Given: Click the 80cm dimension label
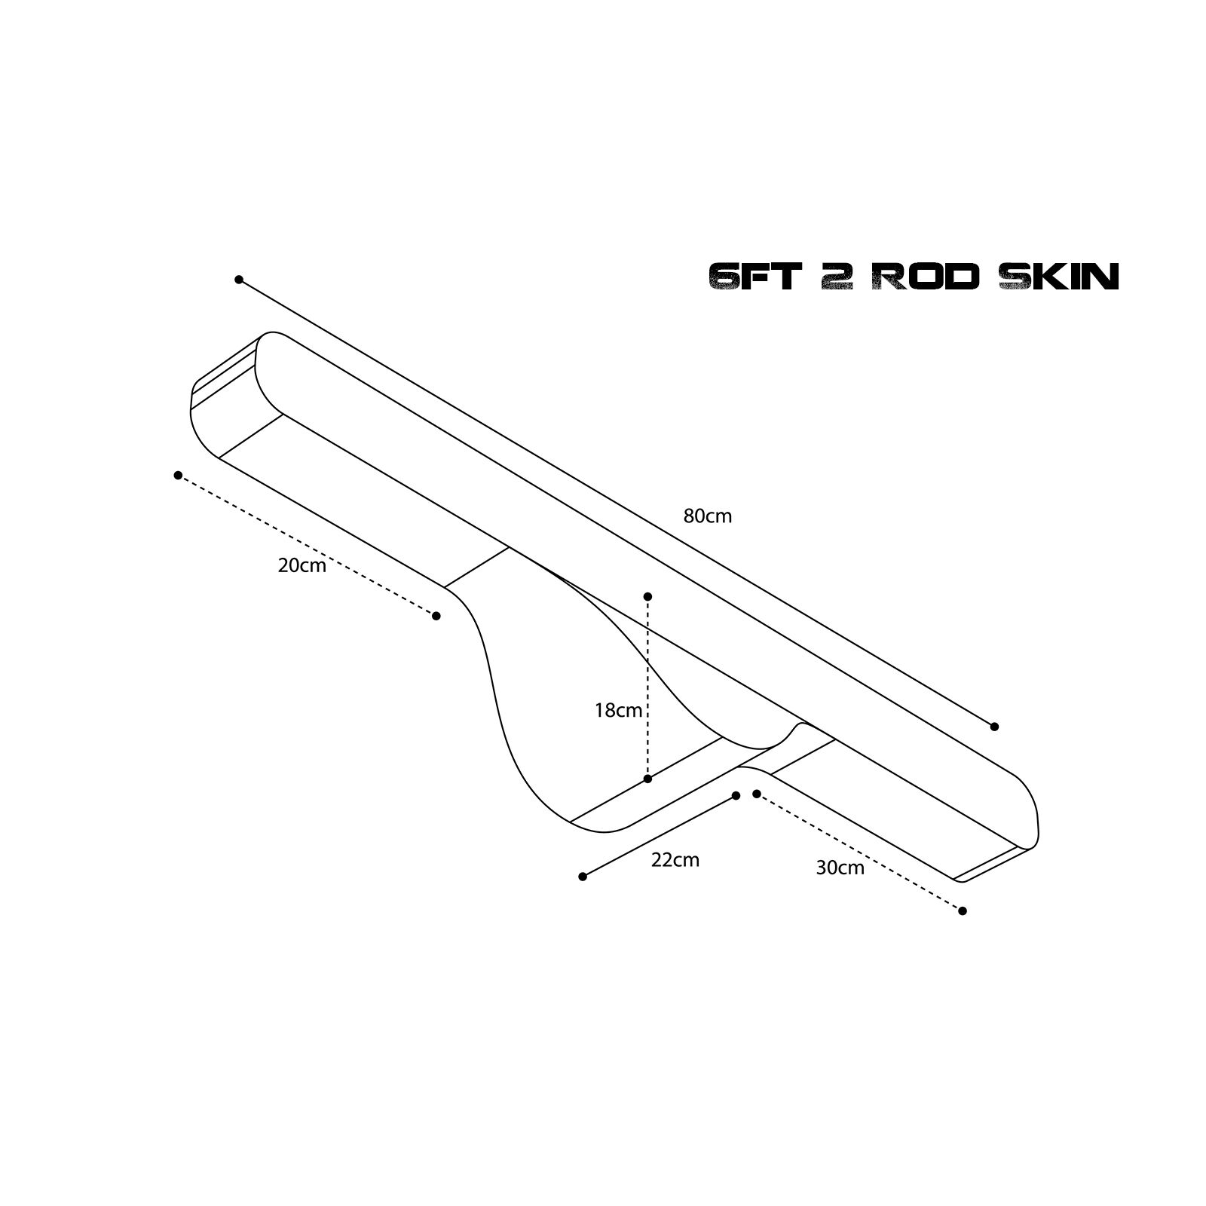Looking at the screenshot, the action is coord(707,516).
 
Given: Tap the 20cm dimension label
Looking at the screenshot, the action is coord(301,565).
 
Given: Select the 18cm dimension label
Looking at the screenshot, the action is coord(618,710).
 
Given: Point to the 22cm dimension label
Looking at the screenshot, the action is coord(675,860).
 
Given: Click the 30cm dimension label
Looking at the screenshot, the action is coord(840,868).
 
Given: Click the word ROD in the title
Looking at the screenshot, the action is coord(925,277).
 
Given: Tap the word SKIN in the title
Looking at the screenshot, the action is coord(1058,277).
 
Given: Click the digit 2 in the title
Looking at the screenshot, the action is coord(835,277).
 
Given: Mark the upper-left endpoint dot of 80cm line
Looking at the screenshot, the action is coord(239,280).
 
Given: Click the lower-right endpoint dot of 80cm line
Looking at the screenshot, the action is coord(994,727).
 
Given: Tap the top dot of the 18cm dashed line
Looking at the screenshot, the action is coord(647,597).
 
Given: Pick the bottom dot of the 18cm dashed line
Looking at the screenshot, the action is coord(647,779).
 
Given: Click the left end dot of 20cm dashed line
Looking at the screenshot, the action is coord(178,476).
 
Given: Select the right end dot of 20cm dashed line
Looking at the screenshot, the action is coord(436,616).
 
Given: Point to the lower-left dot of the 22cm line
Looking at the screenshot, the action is coord(583,877).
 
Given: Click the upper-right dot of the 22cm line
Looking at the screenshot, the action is coord(736,795).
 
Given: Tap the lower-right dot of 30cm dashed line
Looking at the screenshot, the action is coord(963,911).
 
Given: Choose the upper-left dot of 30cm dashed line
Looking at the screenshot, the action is coord(757,794).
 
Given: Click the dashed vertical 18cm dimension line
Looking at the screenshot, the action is coord(647,687).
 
